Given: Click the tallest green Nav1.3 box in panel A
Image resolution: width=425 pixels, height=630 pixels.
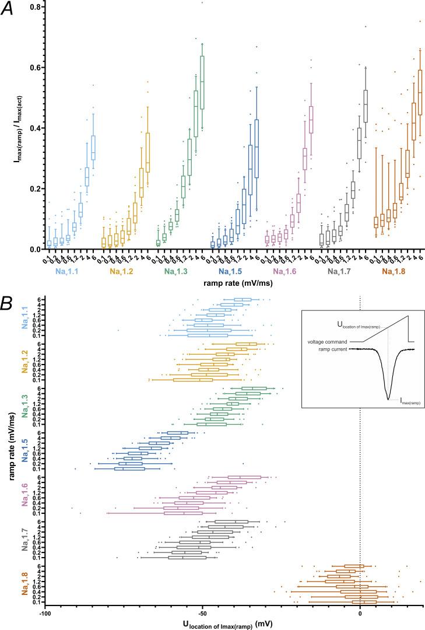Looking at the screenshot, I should (202, 82).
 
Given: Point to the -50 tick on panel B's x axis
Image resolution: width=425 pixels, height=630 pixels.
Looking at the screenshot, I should (202, 613).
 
